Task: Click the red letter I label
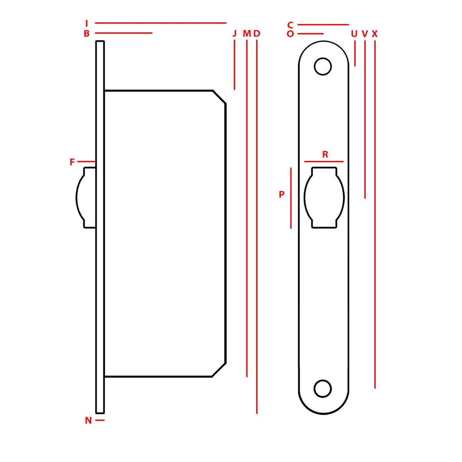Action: pyautogui.click(x=87, y=23)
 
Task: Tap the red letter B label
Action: pyautogui.click(x=87, y=33)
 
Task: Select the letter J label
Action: pyautogui.click(x=234, y=33)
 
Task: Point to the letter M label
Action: pyautogui.click(x=247, y=33)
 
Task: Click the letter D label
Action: pyautogui.click(x=257, y=33)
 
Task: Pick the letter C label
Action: pyautogui.click(x=290, y=25)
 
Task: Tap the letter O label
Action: pyautogui.click(x=290, y=34)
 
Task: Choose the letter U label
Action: pyautogui.click(x=354, y=34)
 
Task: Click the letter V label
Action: pyautogui.click(x=365, y=34)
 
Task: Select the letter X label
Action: pyautogui.click(x=375, y=34)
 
